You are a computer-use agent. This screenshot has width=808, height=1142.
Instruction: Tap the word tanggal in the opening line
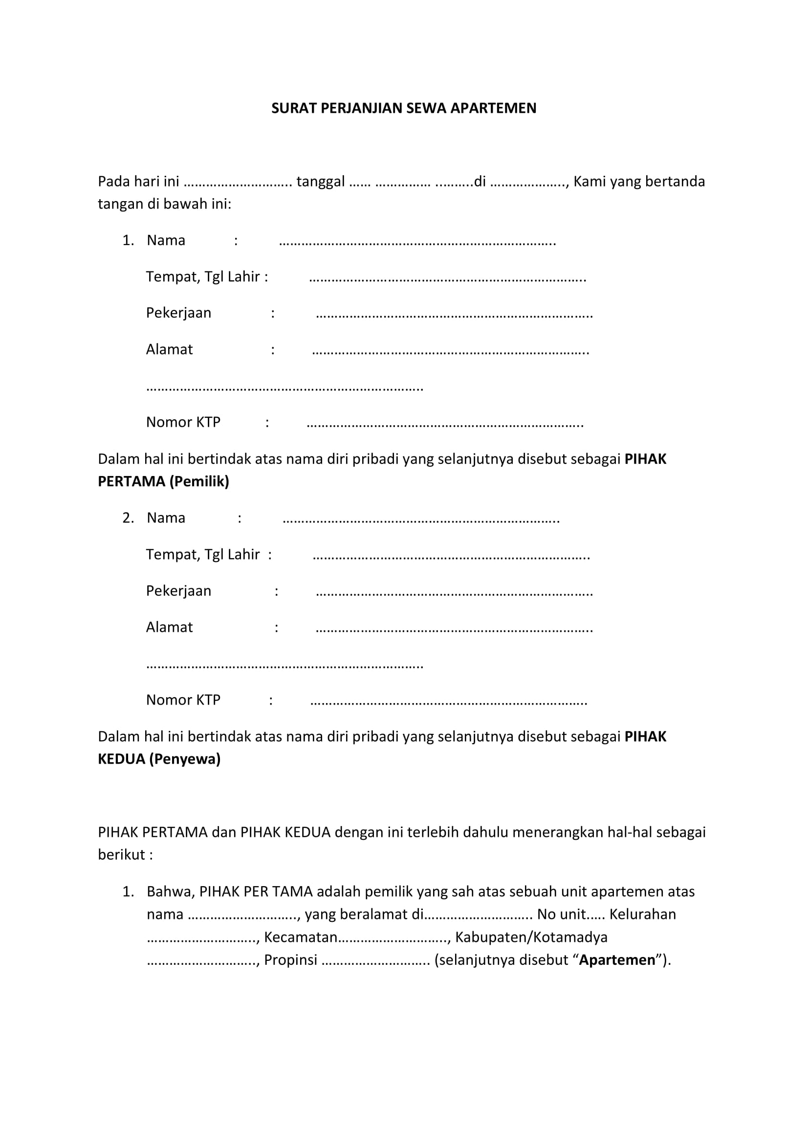point(320,182)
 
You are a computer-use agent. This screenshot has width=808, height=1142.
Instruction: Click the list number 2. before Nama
point(128,519)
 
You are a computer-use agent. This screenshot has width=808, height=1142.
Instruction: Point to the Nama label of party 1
point(166,241)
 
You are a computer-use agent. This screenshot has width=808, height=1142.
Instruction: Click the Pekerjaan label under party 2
point(178,591)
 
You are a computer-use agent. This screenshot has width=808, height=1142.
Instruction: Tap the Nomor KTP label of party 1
point(183,422)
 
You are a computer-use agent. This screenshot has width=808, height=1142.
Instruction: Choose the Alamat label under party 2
point(169,627)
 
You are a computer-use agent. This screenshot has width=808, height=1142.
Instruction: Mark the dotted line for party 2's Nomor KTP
point(448,701)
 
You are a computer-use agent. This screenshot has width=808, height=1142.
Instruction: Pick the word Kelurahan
point(642,914)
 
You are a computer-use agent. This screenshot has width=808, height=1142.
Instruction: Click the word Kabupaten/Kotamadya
point(531,937)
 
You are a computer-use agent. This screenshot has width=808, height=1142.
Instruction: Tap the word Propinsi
point(290,960)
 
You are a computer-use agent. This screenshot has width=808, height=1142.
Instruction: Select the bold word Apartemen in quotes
point(617,960)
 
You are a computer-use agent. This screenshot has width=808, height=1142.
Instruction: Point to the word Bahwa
point(170,892)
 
